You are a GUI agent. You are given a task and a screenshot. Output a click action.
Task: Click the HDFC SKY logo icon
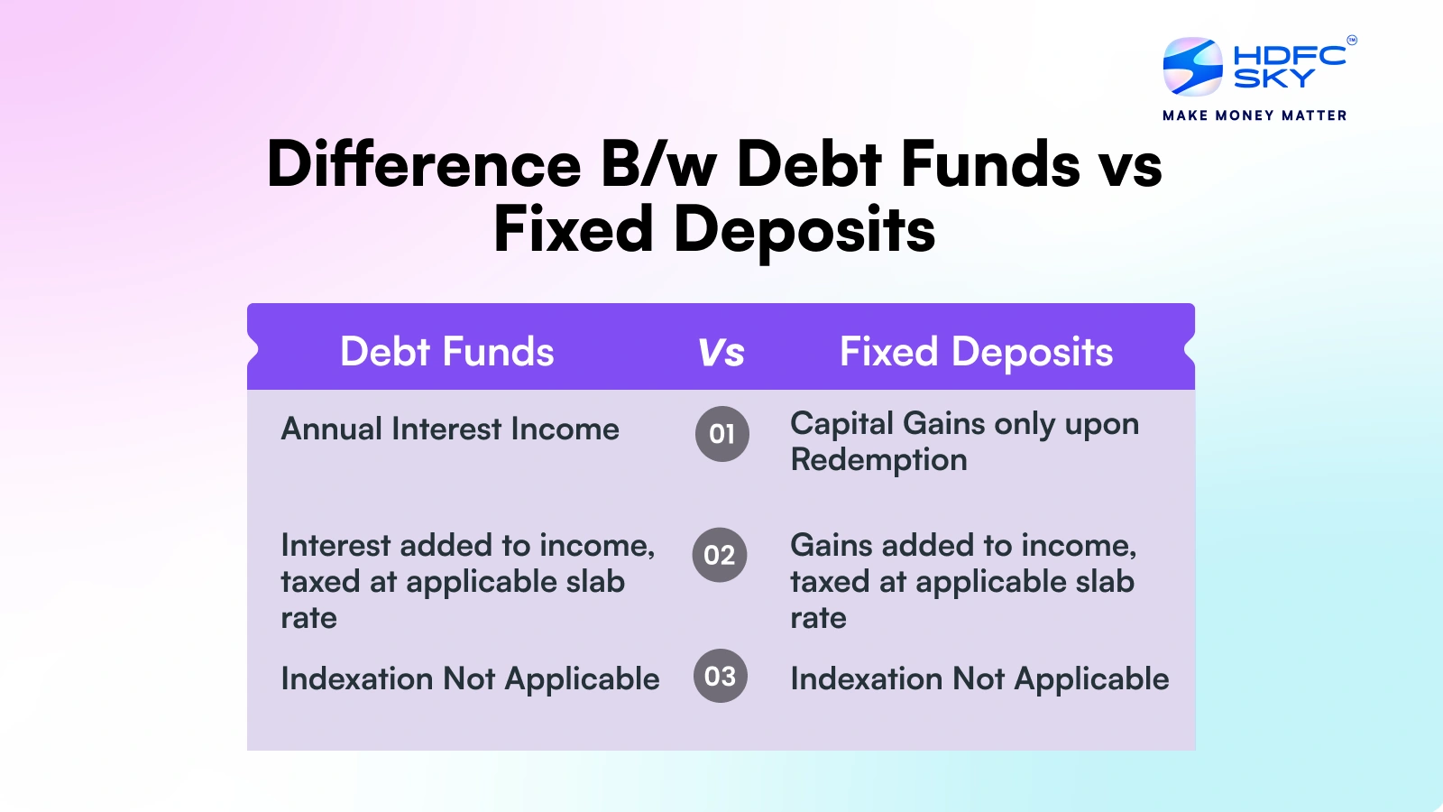(x=1192, y=67)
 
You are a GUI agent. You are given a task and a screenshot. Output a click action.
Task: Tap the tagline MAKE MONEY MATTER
(x=1255, y=115)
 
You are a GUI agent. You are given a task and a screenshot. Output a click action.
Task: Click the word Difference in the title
(x=424, y=165)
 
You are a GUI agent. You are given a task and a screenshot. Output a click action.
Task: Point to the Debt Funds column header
(x=446, y=352)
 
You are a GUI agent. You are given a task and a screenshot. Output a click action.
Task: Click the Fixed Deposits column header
(x=976, y=352)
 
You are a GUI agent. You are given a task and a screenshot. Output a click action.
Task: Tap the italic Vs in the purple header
(x=721, y=353)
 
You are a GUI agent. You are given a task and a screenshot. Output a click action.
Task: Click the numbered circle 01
(x=721, y=434)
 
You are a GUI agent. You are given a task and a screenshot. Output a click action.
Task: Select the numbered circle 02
(x=720, y=555)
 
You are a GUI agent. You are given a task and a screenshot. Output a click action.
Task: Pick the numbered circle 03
(x=720, y=676)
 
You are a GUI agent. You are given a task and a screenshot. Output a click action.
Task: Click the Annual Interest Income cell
(x=450, y=429)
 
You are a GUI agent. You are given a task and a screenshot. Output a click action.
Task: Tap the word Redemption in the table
(x=878, y=460)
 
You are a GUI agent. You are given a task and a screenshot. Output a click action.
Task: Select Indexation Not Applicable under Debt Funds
(x=470, y=679)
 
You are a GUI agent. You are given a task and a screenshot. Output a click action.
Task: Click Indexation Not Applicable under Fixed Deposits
(x=979, y=679)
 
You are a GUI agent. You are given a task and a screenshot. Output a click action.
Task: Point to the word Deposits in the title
(x=804, y=230)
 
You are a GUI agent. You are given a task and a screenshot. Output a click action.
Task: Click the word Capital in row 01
(x=841, y=424)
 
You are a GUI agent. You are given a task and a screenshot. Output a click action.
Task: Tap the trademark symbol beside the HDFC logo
(x=1351, y=40)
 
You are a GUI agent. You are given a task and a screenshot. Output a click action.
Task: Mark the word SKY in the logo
(x=1273, y=79)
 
